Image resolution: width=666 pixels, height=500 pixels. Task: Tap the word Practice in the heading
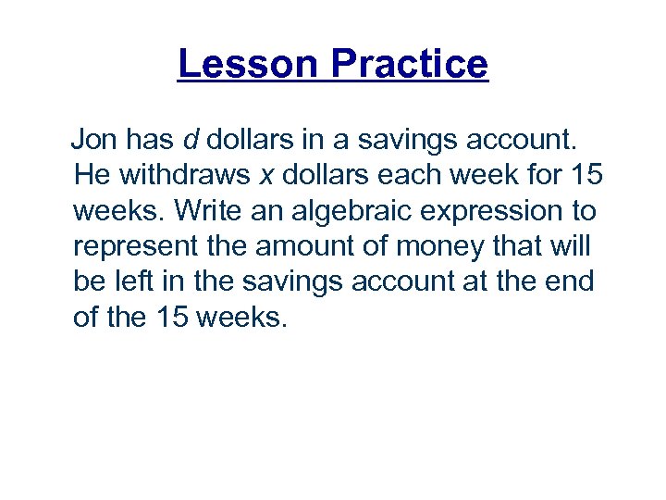[x=408, y=64]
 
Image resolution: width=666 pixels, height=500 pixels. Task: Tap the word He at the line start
[x=91, y=176]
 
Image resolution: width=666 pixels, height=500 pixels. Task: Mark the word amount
[x=310, y=247]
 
